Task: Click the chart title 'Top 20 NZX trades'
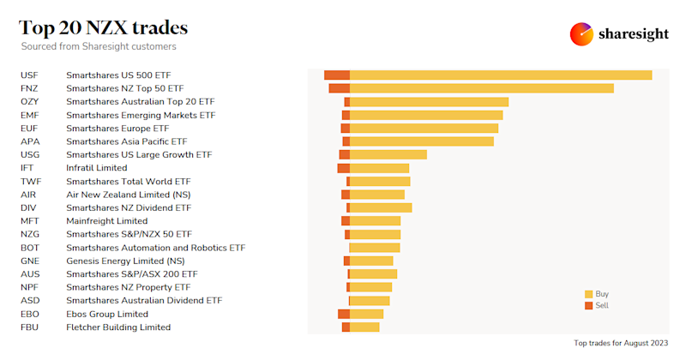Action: click(104, 27)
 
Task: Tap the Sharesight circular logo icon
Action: click(582, 34)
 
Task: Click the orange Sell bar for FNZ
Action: click(340, 88)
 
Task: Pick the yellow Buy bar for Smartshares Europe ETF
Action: click(424, 129)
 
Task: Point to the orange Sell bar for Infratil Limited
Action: click(344, 168)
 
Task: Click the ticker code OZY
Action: click(30, 102)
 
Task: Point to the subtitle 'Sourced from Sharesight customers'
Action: click(99, 46)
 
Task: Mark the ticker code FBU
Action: click(30, 327)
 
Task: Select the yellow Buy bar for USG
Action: click(388, 155)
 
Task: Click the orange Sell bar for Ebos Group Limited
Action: click(344, 315)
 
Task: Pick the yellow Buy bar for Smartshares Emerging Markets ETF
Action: click(426, 115)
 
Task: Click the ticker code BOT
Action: click(30, 248)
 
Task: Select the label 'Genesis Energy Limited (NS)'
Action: click(125, 261)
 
